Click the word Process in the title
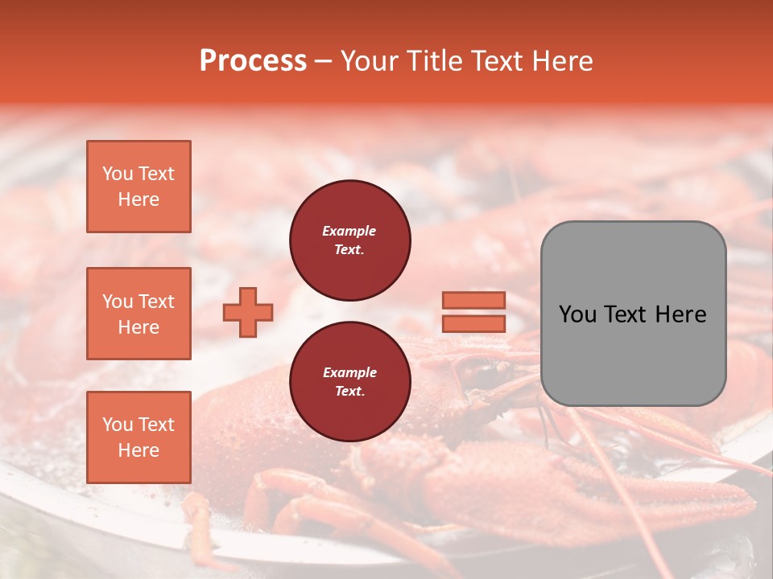click(253, 61)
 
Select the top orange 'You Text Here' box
click(138, 187)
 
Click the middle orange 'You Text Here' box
click(138, 314)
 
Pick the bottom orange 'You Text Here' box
click(138, 437)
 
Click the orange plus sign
click(248, 312)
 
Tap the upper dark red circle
click(349, 240)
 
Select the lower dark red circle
click(349, 382)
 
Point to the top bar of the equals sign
click(473, 300)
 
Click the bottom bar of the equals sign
click(473, 323)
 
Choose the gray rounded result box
click(633, 354)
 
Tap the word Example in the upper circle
click(349, 231)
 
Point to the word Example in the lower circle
click(349, 372)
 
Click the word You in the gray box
click(577, 314)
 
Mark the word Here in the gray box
click(680, 314)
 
